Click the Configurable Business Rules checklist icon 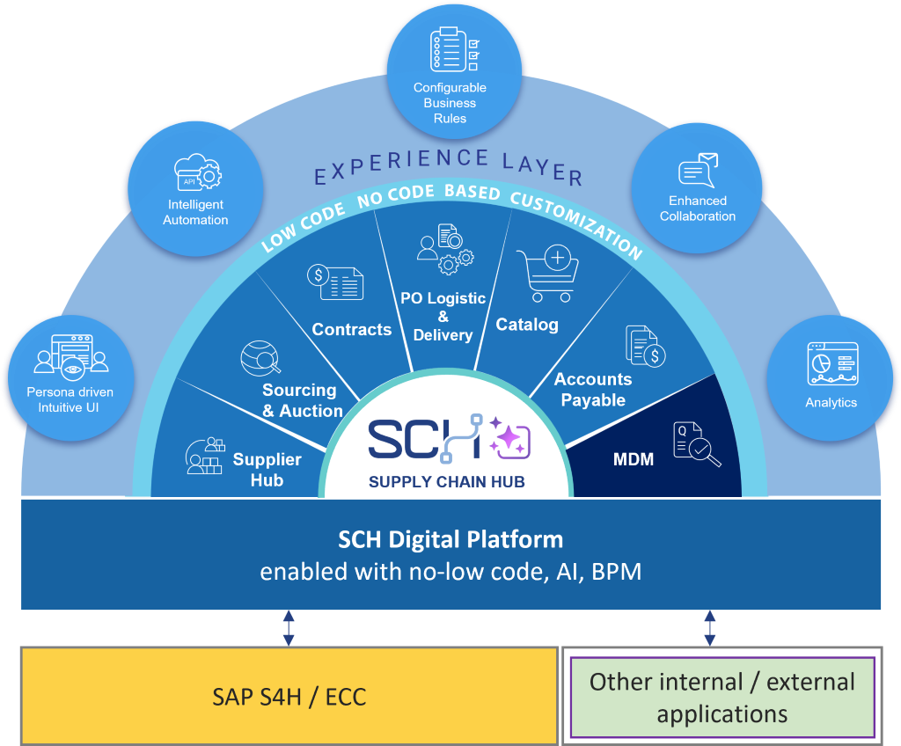point(455,49)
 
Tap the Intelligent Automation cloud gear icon point(198,172)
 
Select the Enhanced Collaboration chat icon point(698,170)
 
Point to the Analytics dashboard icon point(832,364)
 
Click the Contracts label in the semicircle point(352,329)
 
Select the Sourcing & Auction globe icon point(260,358)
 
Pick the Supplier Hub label point(267,470)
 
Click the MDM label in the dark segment point(634,459)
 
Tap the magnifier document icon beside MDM point(697,444)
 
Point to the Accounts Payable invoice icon point(646,346)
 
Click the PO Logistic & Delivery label point(443,317)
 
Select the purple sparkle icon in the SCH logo point(509,438)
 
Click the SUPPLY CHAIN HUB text point(446,481)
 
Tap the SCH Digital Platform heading point(450,539)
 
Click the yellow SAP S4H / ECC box point(289,696)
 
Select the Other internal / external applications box point(722,697)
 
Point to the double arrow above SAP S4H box point(289,627)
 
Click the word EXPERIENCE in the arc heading point(401,165)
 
